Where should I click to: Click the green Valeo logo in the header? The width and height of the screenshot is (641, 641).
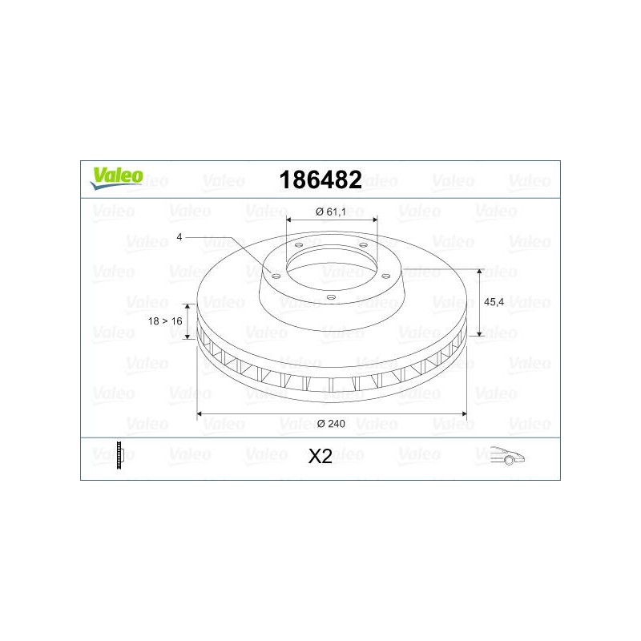pos(117,178)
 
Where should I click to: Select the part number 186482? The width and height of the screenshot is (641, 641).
pos(320,179)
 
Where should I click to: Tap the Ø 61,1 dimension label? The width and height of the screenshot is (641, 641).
pos(331,212)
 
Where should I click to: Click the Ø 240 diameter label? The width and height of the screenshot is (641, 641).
pos(331,424)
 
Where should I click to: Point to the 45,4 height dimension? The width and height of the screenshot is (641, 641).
pos(494,302)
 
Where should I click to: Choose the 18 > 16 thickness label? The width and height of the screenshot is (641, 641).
pos(165,321)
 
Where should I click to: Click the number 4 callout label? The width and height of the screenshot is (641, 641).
pos(179,237)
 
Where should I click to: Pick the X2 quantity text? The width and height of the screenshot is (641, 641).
pos(320,456)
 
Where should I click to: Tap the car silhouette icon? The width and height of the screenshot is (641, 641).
pos(507,455)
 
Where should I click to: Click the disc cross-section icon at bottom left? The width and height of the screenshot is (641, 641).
pos(119,454)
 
